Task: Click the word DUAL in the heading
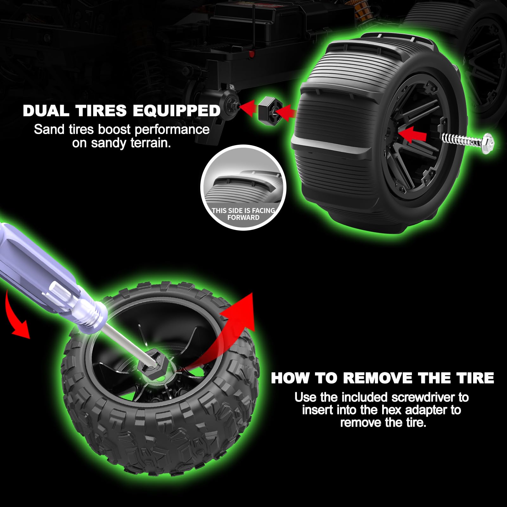tap(46, 111)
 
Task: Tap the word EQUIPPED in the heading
tap(176, 111)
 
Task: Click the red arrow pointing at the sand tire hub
tap(412, 135)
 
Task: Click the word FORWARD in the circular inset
tap(243, 218)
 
